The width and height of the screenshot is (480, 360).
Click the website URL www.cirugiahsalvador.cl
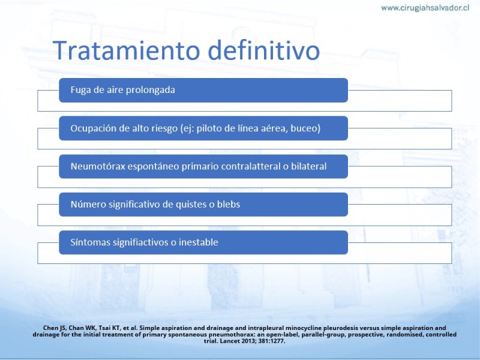(425, 8)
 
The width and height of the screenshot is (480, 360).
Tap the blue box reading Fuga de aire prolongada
(203, 90)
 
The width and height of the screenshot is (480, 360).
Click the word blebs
(229, 204)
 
